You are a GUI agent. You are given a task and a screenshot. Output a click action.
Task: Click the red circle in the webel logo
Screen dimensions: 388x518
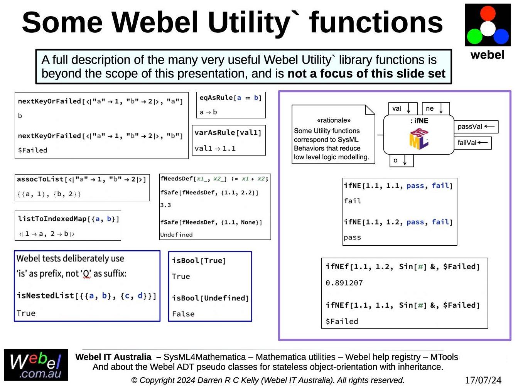(x=488, y=13)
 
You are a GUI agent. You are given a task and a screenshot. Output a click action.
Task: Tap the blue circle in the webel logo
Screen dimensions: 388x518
(x=501, y=36)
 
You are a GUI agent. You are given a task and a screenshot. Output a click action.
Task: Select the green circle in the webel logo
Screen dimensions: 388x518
(x=475, y=36)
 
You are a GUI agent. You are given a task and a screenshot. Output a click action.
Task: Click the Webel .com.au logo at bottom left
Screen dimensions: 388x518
(x=36, y=365)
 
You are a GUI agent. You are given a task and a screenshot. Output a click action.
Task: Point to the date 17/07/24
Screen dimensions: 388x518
(x=483, y=380)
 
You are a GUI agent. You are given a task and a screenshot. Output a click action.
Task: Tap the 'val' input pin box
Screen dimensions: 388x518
(x=403, y=108)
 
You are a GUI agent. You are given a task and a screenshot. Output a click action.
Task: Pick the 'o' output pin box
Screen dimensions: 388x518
(x=401, y=160)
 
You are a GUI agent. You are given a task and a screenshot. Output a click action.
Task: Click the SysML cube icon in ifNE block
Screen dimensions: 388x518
(x=418, y=138)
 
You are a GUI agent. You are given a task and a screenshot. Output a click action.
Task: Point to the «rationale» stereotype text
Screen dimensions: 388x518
(x=334, y=120)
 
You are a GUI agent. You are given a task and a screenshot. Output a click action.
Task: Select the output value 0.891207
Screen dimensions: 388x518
(x=344, y=283)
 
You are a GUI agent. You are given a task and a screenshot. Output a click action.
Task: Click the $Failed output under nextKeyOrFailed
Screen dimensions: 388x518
(x=33, y=150)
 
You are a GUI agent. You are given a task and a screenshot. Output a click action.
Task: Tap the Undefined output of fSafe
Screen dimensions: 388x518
(x=176, y=234)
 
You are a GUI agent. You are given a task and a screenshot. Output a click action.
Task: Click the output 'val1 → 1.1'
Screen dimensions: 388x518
(x=215, y=148)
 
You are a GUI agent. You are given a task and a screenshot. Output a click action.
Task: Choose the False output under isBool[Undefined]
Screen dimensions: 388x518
(x=183, y=314)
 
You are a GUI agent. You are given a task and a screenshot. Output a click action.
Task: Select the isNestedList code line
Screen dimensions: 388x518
(x=86, y=296)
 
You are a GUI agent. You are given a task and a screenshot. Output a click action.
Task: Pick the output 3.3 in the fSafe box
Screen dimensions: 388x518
(x=165, y=205)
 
